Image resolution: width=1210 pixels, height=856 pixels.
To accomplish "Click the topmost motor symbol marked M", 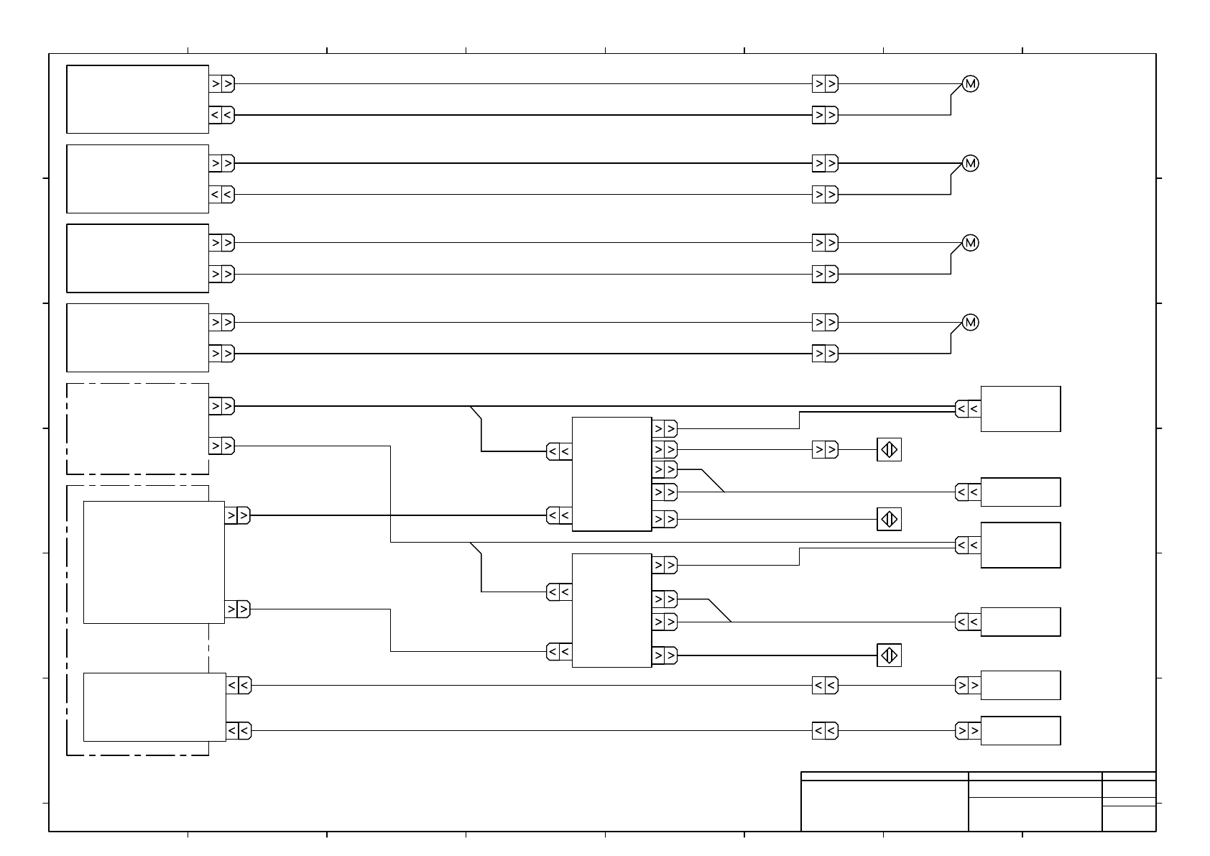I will [x=970, y=84].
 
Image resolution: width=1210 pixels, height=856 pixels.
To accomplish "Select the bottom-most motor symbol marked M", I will [x=970, y=323].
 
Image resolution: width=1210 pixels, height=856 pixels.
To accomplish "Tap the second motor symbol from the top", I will [x=970, y=164].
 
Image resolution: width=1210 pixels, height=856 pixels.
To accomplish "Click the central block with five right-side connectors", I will [x=611, y=474].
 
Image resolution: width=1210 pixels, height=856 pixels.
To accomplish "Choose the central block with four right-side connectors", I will [x=611, y=610].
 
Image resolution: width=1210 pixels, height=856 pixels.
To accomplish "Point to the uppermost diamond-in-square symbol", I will [x=889, y=450].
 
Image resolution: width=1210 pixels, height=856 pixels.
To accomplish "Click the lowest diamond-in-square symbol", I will [x=889, y=655].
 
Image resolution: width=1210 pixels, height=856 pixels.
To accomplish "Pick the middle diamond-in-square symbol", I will [x=889, y=519].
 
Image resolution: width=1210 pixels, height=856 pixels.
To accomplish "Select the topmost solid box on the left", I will [x=137, y=99].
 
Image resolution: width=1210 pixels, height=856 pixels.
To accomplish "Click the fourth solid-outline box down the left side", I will [x=137, y=338].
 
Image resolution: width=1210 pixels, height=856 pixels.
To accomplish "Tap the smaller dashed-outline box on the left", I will [x=137, y=429].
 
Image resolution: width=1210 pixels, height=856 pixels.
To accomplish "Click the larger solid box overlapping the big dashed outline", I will [x=154, y=562].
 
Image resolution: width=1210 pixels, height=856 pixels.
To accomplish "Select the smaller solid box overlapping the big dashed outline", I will [x=154, y=707].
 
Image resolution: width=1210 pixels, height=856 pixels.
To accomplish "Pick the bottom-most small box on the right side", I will [x=1020, y=731].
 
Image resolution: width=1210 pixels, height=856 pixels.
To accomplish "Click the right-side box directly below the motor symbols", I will [x=1020, y=409].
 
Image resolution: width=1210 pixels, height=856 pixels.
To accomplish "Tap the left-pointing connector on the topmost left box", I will [x=221, y=115].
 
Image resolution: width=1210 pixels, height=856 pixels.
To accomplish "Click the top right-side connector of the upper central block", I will [x=665, y=429].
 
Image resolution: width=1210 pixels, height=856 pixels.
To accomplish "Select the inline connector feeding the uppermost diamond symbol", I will [x=825, y=450].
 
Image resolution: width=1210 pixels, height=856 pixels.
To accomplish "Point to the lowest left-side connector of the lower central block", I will [x=559, y=652].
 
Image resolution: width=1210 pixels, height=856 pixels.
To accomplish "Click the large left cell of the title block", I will [x=885, y=806].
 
